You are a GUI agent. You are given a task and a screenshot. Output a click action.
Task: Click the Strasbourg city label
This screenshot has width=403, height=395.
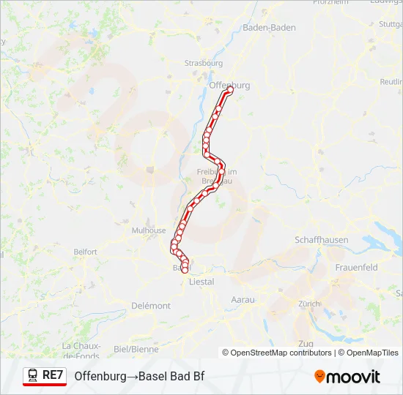[204, 63]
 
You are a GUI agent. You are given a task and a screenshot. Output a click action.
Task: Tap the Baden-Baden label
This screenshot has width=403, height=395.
[269, 27]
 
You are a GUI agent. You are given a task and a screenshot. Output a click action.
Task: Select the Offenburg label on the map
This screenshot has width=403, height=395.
[229, 85]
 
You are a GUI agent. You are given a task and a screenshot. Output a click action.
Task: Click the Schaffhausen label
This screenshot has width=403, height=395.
[321, 240]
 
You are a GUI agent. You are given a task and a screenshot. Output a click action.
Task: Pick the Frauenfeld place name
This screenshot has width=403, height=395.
[356, 268]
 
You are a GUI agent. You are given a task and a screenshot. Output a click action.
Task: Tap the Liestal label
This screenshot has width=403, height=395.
[202, 281]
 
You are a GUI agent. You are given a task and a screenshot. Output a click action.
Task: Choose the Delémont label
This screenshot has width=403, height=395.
[152, 306]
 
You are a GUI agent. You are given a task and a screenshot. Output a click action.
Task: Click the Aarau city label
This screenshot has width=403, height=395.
[243, 300]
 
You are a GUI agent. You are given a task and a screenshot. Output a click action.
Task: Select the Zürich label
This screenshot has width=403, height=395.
[309, 303]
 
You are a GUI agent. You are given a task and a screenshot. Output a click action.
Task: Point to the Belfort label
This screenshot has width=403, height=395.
[85, 252]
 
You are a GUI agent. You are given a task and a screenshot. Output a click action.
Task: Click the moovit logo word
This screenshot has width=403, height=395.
[354, 377]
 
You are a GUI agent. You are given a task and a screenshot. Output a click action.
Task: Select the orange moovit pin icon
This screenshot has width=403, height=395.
[320, 377]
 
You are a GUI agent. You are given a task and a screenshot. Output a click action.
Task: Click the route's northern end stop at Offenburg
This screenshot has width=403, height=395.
[229, 91]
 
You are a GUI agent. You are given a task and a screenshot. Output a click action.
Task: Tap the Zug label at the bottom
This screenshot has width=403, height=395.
[306, 344]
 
